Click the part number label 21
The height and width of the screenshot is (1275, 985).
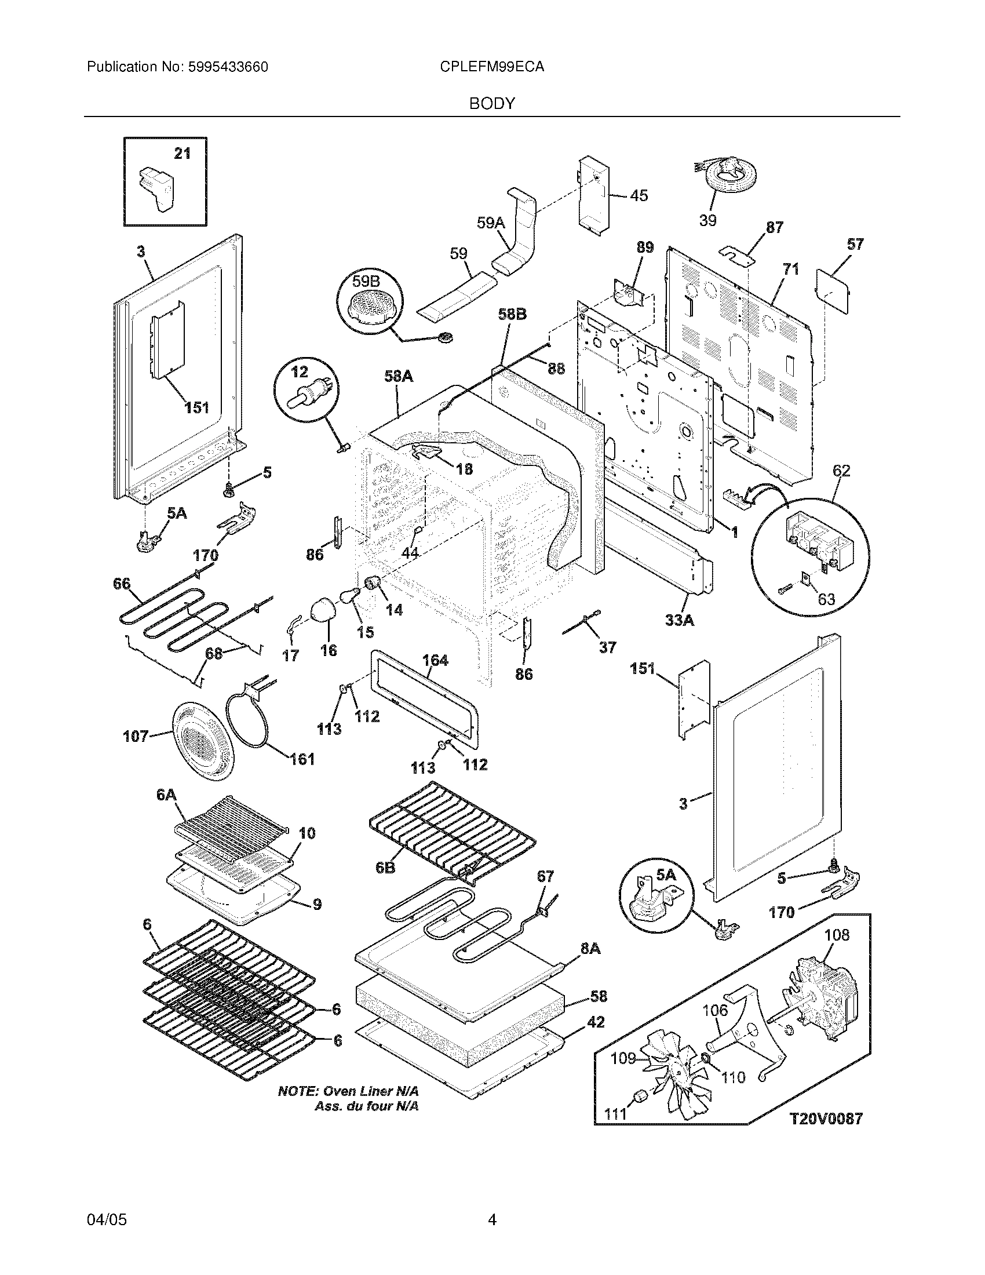[183, 154]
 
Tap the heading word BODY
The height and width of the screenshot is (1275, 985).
[492, 104]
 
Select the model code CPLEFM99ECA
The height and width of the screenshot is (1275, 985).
[493, 67]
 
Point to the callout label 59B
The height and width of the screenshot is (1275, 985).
[366, 282]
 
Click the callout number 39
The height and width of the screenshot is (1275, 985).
[707, 221]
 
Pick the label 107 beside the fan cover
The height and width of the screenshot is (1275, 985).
[136, 737]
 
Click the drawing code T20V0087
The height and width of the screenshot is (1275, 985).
[826, 1119]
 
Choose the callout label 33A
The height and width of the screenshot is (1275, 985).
[680, 621]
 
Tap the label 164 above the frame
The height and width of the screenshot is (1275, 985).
[435, 660]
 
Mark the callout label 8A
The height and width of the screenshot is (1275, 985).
[590, 949]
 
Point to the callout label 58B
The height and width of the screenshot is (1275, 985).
[512, 314]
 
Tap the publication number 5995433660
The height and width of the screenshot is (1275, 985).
[228, 67]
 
